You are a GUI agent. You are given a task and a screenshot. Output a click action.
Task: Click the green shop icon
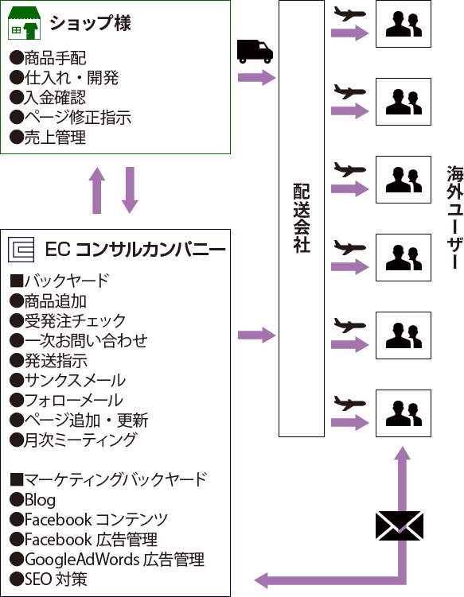(25, 23)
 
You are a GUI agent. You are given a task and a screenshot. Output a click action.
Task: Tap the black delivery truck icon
(255, 51)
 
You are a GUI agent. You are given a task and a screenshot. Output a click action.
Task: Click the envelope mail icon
(400, 525)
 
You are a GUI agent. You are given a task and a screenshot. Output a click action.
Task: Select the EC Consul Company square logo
(21, 250)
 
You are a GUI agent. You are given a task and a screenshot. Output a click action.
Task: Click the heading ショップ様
(91, 23)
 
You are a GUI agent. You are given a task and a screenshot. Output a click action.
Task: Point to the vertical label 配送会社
(302, 218)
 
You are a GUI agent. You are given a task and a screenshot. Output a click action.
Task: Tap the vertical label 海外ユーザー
(455, 217)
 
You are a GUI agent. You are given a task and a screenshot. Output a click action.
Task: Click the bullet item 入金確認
(48, 98)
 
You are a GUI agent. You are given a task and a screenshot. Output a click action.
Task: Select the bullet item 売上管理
(48, 137)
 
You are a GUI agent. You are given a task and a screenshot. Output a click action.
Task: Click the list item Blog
(33, 500)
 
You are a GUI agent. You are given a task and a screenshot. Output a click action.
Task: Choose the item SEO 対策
(49, 579)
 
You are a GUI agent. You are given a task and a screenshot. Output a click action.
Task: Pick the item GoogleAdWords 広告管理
(107, 560)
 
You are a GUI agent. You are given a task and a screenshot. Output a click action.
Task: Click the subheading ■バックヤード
(60, 281)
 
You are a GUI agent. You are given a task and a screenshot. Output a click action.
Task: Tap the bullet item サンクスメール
(68, 380)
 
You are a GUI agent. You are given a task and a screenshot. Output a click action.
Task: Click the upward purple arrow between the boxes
(97, 190)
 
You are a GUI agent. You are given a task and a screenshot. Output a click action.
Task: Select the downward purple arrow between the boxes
(130, 190)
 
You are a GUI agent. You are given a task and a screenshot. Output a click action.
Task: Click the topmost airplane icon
(349, 14)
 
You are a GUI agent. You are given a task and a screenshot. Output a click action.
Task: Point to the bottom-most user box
(404, 413)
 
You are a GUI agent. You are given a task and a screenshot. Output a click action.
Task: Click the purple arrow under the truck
(256, 78)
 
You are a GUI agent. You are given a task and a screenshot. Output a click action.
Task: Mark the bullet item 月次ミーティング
(72, 440)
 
